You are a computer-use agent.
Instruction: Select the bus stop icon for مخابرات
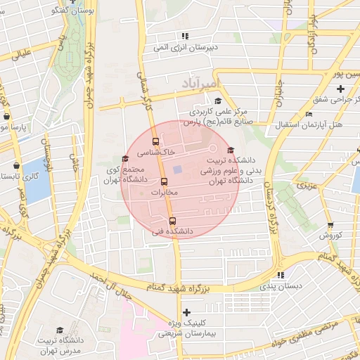pos(164,181)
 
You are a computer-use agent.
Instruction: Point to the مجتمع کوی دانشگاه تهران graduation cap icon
pos(125,158)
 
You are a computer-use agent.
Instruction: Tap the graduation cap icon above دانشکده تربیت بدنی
pos(230,149)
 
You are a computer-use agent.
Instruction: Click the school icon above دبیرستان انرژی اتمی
pos(185,36)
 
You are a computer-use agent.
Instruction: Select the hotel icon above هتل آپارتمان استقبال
pos(309,115)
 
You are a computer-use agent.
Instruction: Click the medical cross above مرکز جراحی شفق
pos(340,89)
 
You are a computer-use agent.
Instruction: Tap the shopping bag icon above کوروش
pos(330,225)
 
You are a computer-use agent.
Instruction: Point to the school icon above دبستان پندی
pos(281,275)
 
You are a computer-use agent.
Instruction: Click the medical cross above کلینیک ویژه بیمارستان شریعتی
pos(186,312)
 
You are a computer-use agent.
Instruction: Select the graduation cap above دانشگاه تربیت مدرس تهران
pos(60,330)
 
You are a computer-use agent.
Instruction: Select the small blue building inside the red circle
pos(178,170)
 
